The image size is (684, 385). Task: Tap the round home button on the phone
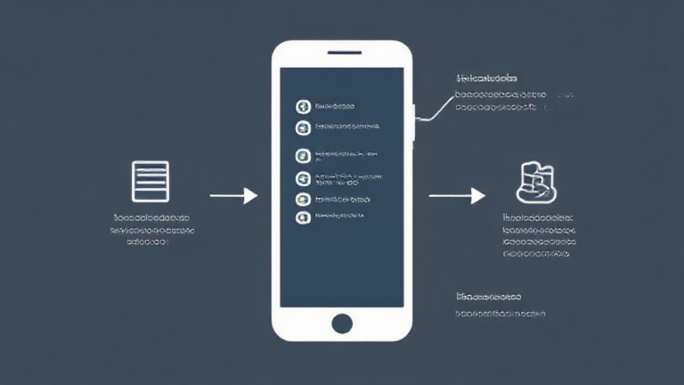pyautogui.click(x=342, y=323)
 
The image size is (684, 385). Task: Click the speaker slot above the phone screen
pyautogui.click(x=343, y=53)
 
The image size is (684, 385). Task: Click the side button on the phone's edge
pyautogui.click(x=414, y=123)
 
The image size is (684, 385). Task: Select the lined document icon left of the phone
pyautogui.click(x=150, y=181)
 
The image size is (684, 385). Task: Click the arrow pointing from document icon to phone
pyautogui.click(x=233, y=195)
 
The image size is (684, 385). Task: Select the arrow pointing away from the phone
pyautogui.click(x=456, y=195)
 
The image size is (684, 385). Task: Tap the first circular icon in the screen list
pyautogui.click(x=303, y=107)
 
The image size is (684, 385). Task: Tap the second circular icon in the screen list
pyautogui.click(x=303, y=128)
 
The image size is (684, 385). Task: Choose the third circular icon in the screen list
pyautogui.click(x=303, y=156)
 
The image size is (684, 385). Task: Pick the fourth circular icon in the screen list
pyautogui.click(x=303, y=177)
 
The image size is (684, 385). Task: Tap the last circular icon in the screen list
pyautogui.click(x=303, y=217)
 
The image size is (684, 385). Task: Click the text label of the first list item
pyautogui.click(x=334, y=107)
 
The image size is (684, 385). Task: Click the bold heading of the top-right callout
pyautogui.click(x=486, y=78)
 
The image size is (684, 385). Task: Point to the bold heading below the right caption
pyautogui.click(x=488, y=296)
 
